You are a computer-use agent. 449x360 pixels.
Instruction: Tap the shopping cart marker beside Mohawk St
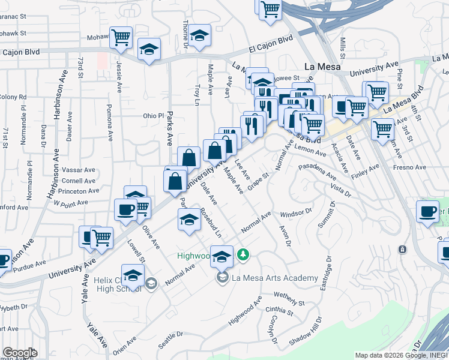point(121,37)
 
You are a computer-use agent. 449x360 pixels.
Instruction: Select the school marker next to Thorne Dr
point(200,35)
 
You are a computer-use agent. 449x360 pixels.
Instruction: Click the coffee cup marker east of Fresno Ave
point(427,211)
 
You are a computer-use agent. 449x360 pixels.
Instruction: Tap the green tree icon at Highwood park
point(243,256)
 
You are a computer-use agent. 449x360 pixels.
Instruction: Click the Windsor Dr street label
point(297,212)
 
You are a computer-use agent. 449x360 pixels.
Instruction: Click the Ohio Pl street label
point(153,116)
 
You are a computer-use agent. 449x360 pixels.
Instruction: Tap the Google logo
point(20,353)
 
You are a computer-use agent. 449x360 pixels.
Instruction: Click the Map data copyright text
point(401,355)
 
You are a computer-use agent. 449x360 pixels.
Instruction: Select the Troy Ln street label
point(197,96)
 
